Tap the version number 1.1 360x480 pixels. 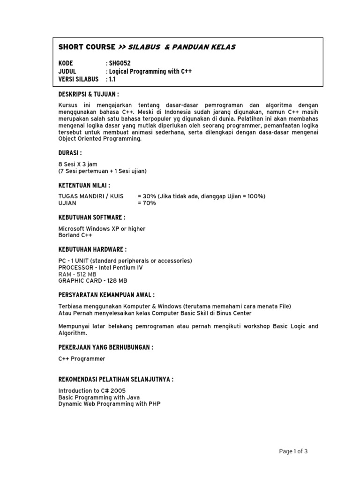coord(112,79)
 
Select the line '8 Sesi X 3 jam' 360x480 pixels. coord(78,164)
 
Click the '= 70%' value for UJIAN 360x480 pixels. coord(147,203)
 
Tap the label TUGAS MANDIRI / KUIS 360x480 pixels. coord(91,196)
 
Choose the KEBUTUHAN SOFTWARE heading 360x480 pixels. coord(91,217)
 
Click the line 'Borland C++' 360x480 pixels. coord(75,235)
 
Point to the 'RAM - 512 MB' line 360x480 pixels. coord(77,274)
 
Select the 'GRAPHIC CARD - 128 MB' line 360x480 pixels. coord(92,281)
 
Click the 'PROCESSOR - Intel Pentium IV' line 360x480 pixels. coord(100,268)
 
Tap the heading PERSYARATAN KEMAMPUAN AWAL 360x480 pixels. coord(106,295)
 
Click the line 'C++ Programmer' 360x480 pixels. coord(82,359)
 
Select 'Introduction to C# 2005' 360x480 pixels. coord(92,390)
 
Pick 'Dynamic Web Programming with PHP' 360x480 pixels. coord(109,404)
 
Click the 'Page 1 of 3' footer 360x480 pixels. coord(293,451)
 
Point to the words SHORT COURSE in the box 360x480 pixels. coord(87,47)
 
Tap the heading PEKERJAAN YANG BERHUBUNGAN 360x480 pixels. coord(106,347)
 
